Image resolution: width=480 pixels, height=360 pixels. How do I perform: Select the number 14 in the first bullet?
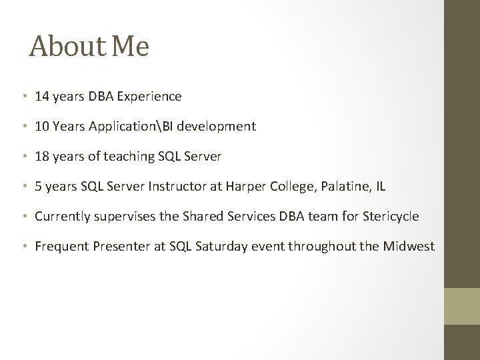click(42, 96)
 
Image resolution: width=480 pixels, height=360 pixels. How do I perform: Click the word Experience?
click(149, 96)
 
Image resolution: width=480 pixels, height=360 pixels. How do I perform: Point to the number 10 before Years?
click(42, 126)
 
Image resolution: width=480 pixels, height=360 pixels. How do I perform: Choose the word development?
click(223, 126)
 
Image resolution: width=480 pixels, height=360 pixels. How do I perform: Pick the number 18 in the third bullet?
click(42, 156)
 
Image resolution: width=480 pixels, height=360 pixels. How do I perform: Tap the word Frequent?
click(61, 247)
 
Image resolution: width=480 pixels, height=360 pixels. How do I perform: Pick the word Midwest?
click(409, 247)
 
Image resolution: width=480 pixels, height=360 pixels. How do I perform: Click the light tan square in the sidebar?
click(462, 306)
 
